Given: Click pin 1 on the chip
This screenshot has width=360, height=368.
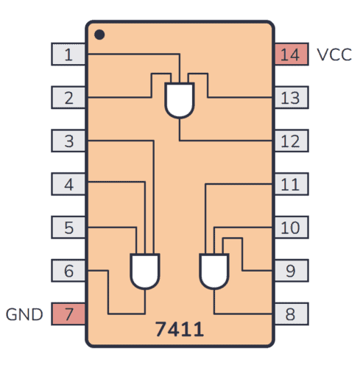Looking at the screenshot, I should click(68, 54).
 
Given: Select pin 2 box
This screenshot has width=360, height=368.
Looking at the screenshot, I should click(68, 97).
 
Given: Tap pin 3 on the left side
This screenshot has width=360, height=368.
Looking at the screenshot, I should click(68, 141).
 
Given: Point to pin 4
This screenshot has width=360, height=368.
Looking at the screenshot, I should click(68, 184).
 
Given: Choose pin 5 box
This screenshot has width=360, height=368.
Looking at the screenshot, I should click(68, 227).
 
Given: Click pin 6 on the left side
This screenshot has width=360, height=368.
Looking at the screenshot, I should click(68, 271).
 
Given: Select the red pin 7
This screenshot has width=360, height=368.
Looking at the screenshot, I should click(68, 314).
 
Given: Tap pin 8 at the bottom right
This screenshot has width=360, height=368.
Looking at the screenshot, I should click(291, 314).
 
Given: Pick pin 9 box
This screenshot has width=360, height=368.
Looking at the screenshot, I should click(291, 271).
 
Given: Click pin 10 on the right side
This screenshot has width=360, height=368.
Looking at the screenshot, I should click(291, 227).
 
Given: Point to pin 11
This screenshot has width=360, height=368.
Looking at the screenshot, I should click(291, 184).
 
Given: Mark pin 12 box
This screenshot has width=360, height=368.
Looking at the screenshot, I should click(291, 141).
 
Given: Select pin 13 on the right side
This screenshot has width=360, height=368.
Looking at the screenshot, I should click(291, 97).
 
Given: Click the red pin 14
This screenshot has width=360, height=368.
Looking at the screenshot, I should click(291, 54).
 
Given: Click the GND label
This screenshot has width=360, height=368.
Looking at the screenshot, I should click(25, 315).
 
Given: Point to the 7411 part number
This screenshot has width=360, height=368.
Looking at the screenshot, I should click(179, 329).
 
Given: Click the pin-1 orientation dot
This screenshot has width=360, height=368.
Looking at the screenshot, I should click(99, 34).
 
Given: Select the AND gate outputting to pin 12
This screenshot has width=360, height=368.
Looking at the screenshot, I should click(180, 99).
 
